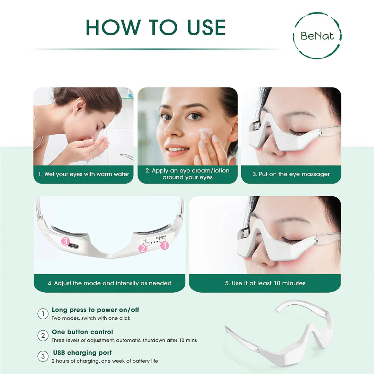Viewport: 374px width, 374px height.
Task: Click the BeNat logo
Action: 317,35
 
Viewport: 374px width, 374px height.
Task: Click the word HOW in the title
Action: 113,27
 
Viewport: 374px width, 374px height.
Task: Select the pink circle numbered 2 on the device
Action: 143,248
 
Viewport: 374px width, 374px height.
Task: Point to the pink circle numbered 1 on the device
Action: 164,246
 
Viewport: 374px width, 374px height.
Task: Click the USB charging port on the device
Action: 73,246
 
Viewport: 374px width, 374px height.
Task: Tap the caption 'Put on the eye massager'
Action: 291,174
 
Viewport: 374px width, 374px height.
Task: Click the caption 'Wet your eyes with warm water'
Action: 83,174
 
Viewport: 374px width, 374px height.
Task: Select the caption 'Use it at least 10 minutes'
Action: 265,283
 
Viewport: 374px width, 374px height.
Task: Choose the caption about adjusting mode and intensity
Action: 109,283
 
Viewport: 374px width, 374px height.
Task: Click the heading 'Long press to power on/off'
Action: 95,310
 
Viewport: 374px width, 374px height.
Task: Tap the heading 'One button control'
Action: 82,332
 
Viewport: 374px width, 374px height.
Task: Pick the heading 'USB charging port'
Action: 82,353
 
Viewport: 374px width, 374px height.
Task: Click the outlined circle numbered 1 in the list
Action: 43,314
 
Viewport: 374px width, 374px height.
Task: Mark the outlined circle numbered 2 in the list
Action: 43,336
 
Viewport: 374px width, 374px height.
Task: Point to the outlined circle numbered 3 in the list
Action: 43,357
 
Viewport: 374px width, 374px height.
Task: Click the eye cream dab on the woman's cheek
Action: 206,132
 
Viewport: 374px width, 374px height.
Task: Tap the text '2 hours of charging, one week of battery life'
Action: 105,361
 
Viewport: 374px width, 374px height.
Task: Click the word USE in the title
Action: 206,27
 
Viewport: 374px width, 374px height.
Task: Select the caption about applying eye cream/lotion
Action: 187,174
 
